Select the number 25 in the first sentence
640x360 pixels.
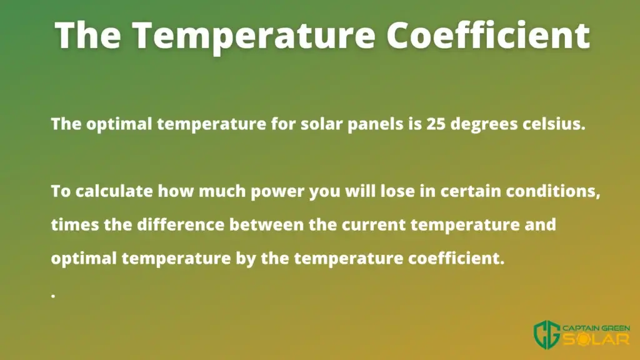coord(436,124)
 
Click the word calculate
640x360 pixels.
coord(114,191)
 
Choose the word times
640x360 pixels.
coord(75,224)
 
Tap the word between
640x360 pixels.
coord(266,224)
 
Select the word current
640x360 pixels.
coord(374,225)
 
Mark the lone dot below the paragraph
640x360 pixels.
coord(53,296)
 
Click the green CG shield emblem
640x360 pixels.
coord(547,335)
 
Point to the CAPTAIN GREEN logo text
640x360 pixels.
coord(596,328)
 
